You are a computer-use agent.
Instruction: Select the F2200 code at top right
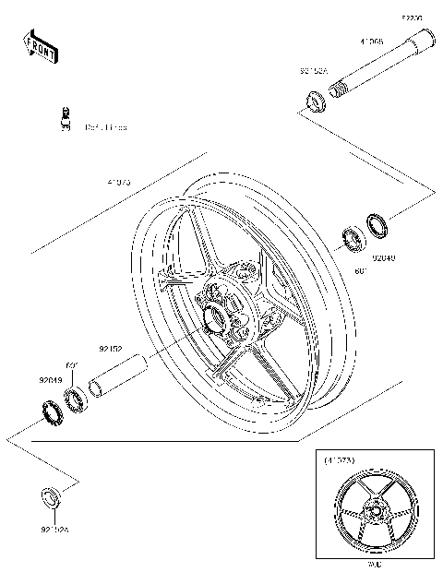(412, 18)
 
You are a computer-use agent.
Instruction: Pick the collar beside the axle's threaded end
(313, 98)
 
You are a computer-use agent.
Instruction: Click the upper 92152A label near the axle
(312, 68)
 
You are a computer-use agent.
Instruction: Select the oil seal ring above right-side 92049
(377, 225)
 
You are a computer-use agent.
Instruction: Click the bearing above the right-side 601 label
(353, 239)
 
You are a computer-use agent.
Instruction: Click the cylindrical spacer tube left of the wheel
(116, 376)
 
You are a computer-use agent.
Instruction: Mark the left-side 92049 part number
(51, 379)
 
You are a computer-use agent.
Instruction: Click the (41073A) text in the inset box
(340, 458)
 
